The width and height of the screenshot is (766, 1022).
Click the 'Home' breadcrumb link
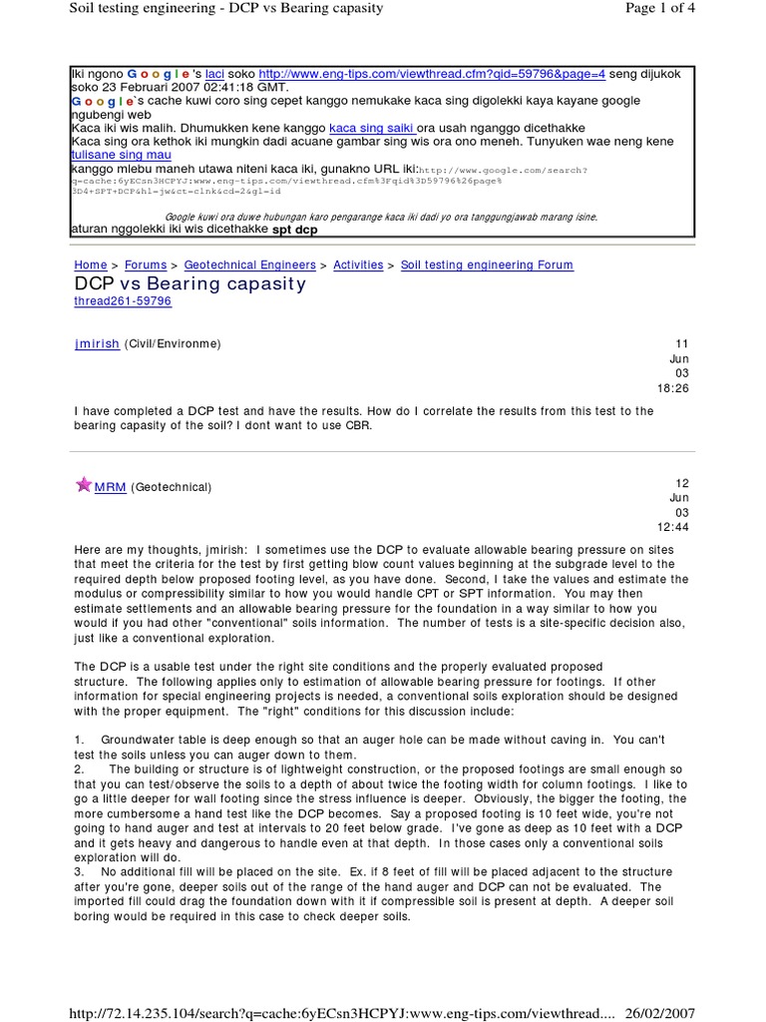91,264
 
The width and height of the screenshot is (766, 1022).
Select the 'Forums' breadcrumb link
146,264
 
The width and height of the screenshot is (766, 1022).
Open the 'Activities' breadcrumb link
358,264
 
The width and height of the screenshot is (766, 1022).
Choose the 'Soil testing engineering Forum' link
487,264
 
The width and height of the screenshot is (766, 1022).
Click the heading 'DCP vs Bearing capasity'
191,283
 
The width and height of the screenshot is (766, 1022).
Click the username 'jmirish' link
97,343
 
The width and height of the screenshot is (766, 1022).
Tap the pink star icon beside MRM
84,485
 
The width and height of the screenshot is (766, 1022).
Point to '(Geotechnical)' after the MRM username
172,487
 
